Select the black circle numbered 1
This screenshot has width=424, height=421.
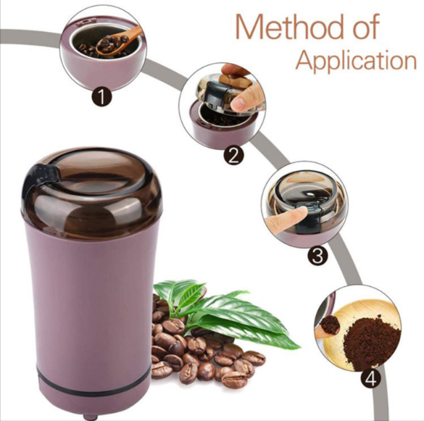pos(101,96)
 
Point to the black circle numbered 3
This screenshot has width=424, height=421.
pos(317,255)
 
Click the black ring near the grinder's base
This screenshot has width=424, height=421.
pos(95,387)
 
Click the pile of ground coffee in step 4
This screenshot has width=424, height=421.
pos(373,343)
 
